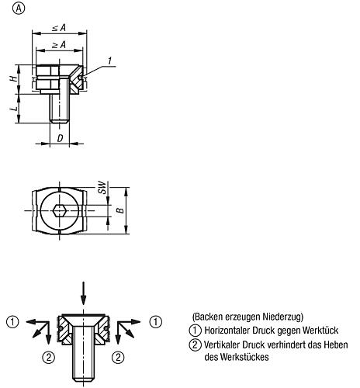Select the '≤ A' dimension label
(60, 27)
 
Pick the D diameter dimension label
(61, 138)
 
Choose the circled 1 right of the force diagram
(155, 320)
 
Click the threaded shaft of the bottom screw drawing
(85, 361)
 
